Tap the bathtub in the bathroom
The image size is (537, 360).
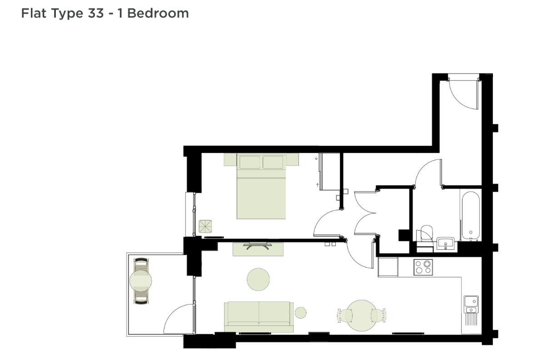pos(471,216)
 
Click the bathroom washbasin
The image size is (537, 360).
pos(446,244)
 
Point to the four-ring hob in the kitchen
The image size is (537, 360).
pos(423,267)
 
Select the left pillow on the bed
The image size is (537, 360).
pos(250,162)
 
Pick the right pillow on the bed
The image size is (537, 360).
pos(273,162)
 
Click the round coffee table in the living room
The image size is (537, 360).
pos(258,279)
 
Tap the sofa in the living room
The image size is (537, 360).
pos(259,317)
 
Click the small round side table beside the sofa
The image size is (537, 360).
pos(301,313)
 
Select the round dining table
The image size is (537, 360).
pos(361,316)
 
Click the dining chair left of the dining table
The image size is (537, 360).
pos(344,316)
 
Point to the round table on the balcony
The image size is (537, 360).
pos(141,281)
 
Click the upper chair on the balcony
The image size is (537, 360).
pos(141,265)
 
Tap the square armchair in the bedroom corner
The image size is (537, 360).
pos(205,227)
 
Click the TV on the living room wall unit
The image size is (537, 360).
pos(258,245)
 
